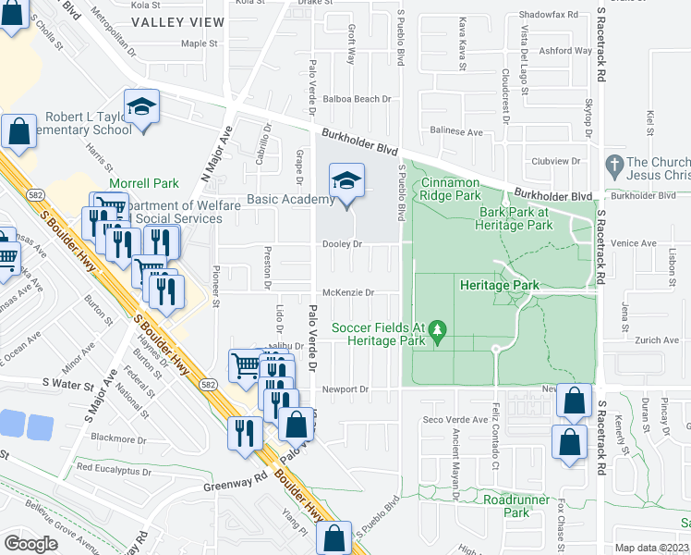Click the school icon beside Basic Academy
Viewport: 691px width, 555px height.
click(x=346, y=182)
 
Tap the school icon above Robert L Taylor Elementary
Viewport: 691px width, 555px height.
click(x=141, y=108)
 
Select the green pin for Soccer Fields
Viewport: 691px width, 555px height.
click(x=440, y=327)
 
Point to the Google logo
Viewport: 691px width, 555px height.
click(x=30, y=543)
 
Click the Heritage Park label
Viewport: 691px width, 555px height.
click(x=499, y=286)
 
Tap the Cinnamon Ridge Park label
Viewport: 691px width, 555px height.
click(x=450, y=189)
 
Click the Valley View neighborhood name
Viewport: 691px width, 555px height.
click(x=177, y=21)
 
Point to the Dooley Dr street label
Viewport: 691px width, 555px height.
click(x=341, y=244)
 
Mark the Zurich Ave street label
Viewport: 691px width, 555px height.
click(x=657, y=340)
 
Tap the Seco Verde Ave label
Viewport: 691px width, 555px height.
click(x=455, y=419)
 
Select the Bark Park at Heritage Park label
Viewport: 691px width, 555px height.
click(x=514, y=218)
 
